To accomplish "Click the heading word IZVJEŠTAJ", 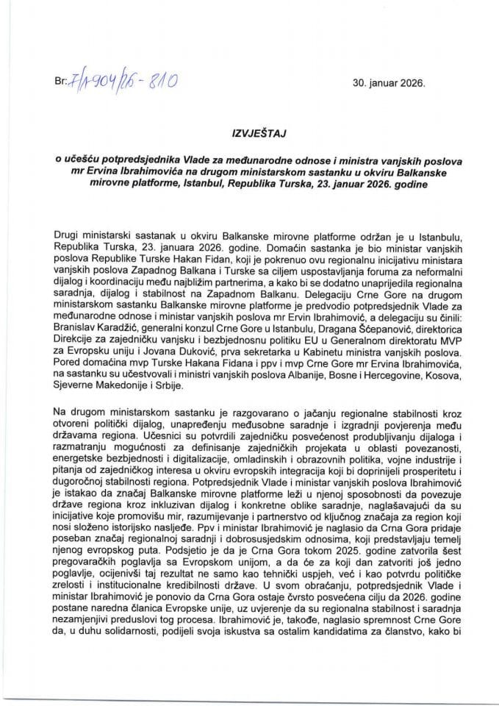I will (249, 136).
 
